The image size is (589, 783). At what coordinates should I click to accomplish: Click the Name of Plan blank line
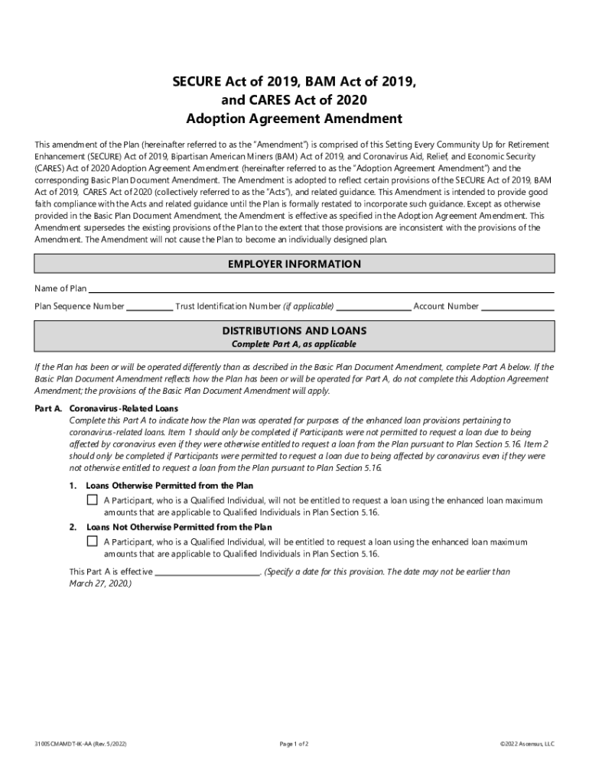[x=321, y=289]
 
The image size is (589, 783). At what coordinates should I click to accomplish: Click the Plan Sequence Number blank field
[x=149, y=307]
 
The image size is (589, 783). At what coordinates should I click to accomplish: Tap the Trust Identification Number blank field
[x=373, y=307]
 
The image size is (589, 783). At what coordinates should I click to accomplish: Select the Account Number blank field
[x=517, y=307]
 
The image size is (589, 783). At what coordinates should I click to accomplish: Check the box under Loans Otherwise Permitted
[x=93, y=500]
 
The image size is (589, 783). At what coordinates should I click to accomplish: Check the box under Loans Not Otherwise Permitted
[x=93, y=541]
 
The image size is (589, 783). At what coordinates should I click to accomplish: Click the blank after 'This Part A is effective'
[x=207, y=572]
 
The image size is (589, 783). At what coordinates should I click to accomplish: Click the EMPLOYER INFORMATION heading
[x=294, y=265]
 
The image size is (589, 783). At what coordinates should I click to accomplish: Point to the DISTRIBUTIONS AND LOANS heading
[x=294, y=331]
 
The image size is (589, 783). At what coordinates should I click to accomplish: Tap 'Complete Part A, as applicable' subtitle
[x=294, y=344]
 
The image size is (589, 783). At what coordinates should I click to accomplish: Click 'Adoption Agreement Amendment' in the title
[x=294, y=119]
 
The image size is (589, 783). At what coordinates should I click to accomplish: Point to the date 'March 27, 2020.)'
[x=100, y=583]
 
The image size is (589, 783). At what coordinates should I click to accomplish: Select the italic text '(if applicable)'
[x=308, y=307]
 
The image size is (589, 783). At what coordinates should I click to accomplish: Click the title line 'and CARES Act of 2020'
[x=294, y=99]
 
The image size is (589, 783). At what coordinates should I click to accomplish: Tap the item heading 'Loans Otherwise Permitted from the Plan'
[x=170, y=486]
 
